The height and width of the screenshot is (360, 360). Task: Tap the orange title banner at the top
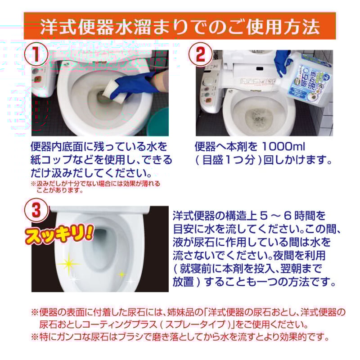[x=180, y=26]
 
